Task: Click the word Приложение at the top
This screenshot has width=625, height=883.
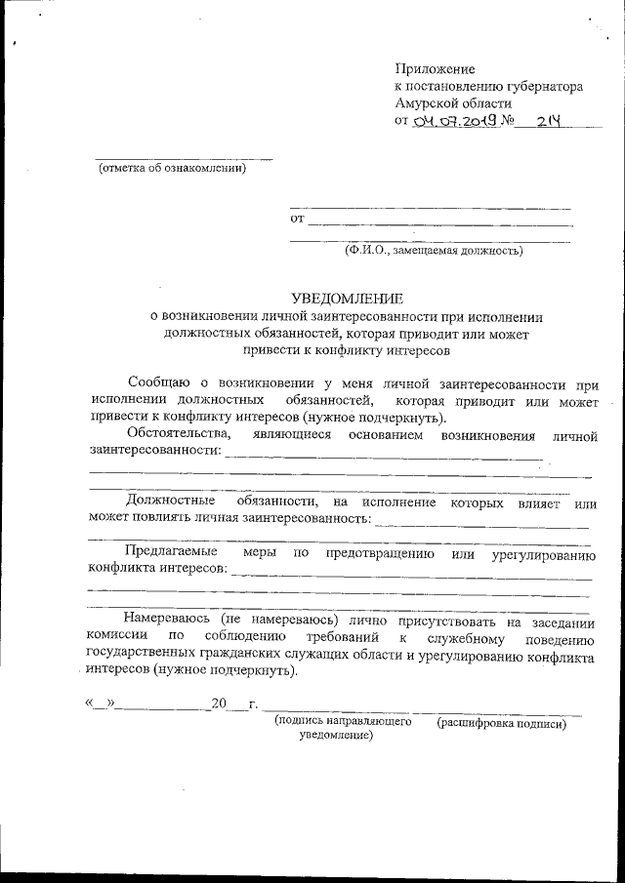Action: click(435, 69)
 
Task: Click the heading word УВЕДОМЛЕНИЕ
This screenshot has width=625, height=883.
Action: click(347, 299)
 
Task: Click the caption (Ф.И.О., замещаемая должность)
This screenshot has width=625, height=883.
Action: click(432, 251)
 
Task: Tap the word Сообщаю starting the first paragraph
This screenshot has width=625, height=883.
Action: click(162, 383)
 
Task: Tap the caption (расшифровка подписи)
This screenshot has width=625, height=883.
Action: click(502, 724)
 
